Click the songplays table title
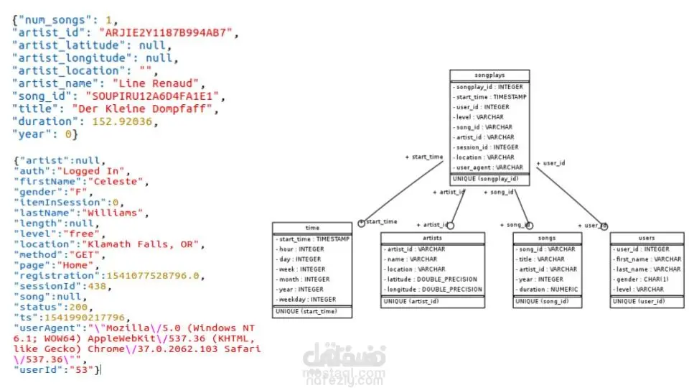pos(489,75)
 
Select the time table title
pos(312,228)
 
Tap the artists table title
pos(433,238)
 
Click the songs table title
pos(547,238)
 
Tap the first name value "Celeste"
pos(118,182)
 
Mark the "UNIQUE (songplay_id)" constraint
pos(485,179)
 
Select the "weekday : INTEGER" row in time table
pos(306,300)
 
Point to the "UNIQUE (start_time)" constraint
pos(306,312)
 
